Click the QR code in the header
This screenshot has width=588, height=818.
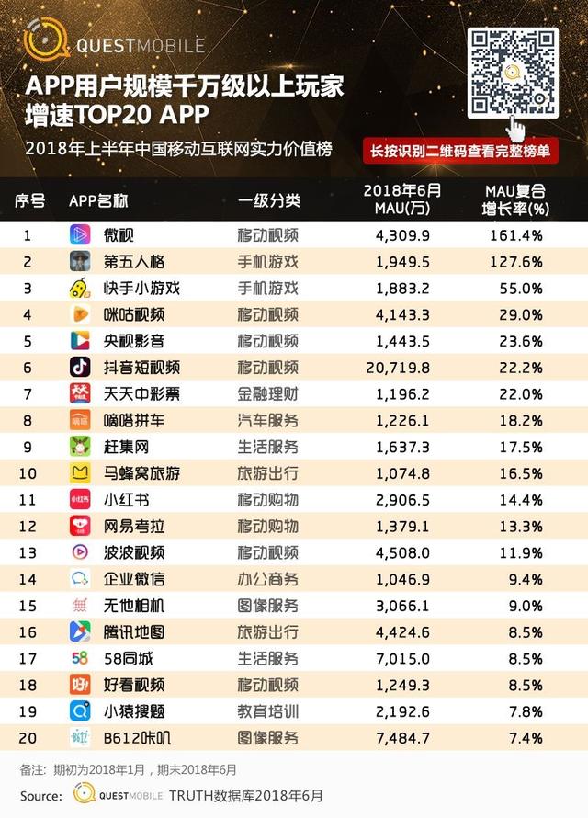tap(513, 73)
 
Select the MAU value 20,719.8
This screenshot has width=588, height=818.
tap(403, 367)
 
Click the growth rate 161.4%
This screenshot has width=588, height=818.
tap(514, 234)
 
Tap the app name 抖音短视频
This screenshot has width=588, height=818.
tap(141, 367)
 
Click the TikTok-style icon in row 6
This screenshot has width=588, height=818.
tap(80, 367)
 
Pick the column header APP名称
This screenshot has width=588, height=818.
tap(98, 201)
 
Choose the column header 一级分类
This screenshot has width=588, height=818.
tap(268, 201)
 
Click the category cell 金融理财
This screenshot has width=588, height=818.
tap(268, 393)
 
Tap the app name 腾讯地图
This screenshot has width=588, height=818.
tap(135, 631)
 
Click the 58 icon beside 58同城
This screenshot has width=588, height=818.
tap(80, 658)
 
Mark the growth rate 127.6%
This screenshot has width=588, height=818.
tap(514, 261)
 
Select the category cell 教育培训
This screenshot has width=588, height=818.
tap(268, 710)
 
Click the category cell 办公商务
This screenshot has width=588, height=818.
tap(268, 578)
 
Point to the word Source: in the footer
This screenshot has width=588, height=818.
tap(42, 794)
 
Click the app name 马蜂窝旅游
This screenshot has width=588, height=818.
tap(141, 472)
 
